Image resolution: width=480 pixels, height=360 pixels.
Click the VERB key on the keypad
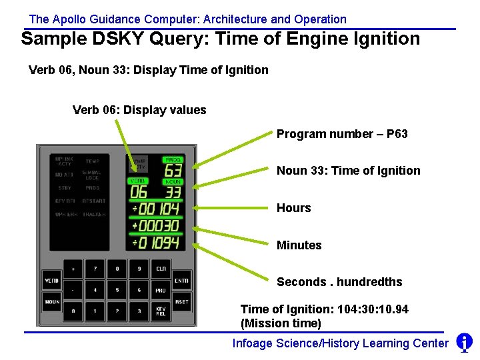point(51,281)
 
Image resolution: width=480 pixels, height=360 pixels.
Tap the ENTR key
point(181,281)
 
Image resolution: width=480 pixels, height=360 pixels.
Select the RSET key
point(181,301)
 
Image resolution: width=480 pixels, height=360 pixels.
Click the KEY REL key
point(161,311)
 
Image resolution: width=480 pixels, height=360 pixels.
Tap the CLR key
point(161,269)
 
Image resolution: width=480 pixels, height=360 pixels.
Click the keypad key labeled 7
point(95,269)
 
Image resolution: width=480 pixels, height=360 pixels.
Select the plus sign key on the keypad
point(73,269)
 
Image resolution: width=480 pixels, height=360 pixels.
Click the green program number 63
point(173,171)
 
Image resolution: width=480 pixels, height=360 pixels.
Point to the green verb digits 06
point(139,193)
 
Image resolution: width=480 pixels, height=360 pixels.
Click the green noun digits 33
point(173,193)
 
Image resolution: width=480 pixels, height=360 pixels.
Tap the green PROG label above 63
point(173,160)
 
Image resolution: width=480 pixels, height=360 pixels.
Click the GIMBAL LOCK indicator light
point(92,175)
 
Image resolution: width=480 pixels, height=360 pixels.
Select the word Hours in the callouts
point(294,208)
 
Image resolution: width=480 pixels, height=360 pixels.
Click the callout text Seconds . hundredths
point(339,282)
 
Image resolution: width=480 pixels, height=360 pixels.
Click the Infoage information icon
point(464,343)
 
